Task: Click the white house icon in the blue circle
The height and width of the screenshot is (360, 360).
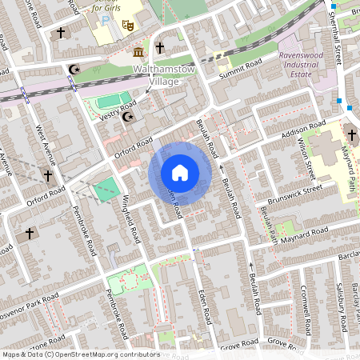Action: tap(180, 173)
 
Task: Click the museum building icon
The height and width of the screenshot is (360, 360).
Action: tap(139, 53)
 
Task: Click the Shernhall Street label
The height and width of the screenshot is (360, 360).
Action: tap(335, 32)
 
